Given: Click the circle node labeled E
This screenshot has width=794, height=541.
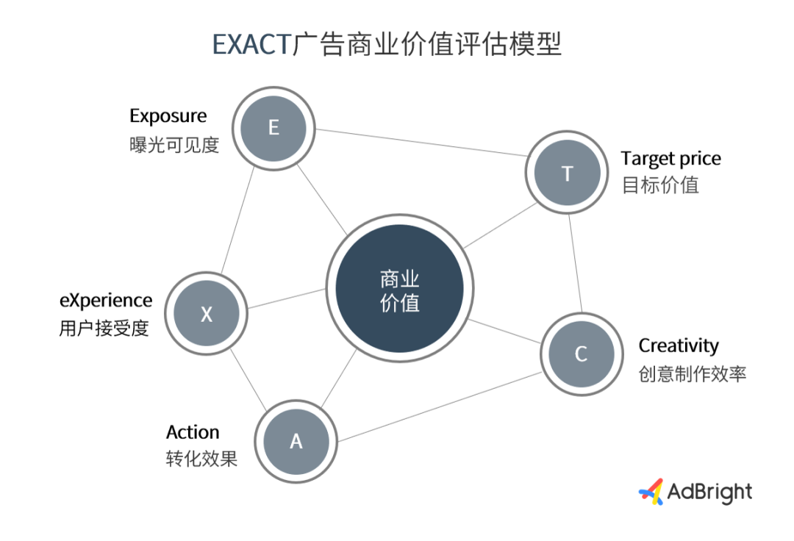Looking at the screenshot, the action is point(273,129).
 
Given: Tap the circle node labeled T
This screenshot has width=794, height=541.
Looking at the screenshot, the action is point(567,173).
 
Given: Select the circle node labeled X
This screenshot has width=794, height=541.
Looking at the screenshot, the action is point(206,313).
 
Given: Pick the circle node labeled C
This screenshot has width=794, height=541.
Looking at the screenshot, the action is point(582,354).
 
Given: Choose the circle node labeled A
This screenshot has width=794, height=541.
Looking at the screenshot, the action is point(296,441).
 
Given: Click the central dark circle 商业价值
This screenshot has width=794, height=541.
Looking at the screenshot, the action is point(400,288).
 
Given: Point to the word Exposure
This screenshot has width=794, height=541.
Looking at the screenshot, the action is point(168,116).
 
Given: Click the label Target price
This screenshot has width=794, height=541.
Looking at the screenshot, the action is point(671,159).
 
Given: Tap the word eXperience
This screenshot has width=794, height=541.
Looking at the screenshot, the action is point(106,301).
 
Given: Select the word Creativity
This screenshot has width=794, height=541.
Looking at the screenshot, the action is point(679,346).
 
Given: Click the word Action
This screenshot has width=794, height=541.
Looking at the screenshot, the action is point(193,433).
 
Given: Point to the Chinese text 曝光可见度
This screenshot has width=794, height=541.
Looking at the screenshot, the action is point(174,146).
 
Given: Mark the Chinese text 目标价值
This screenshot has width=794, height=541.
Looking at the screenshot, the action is point(660,185).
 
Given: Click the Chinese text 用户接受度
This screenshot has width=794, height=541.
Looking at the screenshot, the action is point(104,329).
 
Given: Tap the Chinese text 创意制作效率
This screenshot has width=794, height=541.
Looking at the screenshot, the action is point(693,374).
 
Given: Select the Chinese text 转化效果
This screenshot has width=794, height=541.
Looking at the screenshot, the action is point(201,459).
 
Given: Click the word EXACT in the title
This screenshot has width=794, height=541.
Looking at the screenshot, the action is point(251,45).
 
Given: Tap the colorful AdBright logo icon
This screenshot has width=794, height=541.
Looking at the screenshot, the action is point(651,492).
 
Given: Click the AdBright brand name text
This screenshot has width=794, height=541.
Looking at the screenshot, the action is point(710,492).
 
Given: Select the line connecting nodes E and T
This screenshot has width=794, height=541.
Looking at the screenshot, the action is point(421,143).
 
